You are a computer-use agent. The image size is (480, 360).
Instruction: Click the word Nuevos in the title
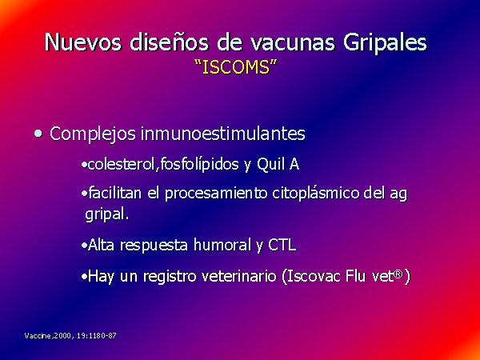[x=83, y=42]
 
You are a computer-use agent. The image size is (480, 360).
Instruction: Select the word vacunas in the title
[x=293, y=42]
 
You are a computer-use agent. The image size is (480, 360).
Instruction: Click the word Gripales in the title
[x=385, y=42]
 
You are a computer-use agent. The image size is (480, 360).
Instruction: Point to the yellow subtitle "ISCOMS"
[x=236, y=67]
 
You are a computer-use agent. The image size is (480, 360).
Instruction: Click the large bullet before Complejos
[x=38, y=134]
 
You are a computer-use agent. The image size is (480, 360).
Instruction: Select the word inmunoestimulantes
[x=223, y=134]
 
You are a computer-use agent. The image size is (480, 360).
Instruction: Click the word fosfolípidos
[x=199, y=166]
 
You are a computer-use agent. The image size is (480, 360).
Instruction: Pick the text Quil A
[x=278, y=165]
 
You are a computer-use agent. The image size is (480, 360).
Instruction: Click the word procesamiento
[x=217, y=194]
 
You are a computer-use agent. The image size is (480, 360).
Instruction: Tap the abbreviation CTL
[x=282, y=246]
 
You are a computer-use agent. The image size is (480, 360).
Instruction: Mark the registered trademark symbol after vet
[x=398, y=274]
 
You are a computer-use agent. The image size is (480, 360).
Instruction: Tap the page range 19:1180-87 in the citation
[x=97, y=336]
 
